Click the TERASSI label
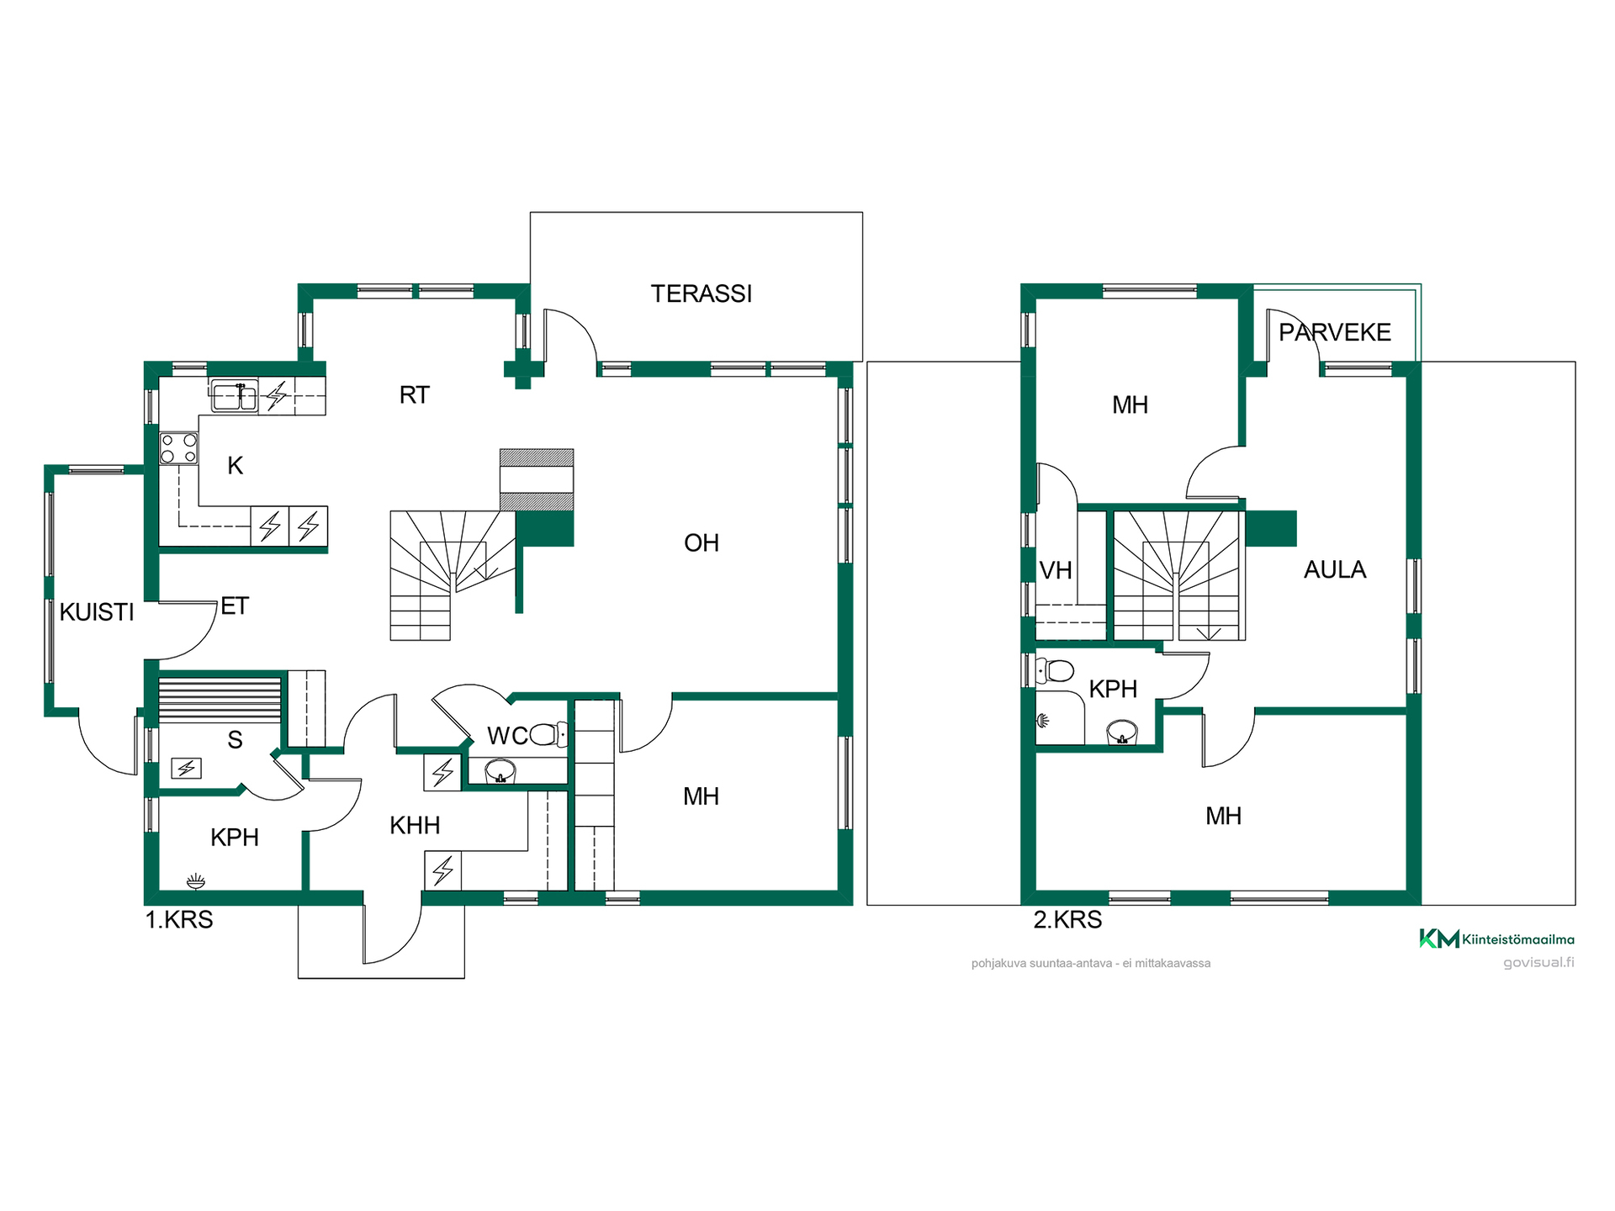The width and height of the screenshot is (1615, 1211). coord(701,293)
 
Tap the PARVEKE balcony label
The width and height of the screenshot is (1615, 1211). coord(1334,332)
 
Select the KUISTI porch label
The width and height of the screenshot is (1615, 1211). coord(97,612)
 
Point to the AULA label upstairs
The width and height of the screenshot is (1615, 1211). coord(1334,570)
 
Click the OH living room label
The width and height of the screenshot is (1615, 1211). coord(701,543)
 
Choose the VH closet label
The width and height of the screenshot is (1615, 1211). coord(1056,571)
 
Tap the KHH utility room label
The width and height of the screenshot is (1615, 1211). coord(415,826)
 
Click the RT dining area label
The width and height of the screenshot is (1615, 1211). coord(414,395)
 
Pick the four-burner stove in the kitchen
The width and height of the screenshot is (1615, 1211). coord(179,448)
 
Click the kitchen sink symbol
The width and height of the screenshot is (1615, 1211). coord(234,396)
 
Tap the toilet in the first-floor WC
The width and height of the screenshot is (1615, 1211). coord(549,735)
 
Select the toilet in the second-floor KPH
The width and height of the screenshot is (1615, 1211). coord(1056,671)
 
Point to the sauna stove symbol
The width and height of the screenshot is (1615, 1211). coord(186,768)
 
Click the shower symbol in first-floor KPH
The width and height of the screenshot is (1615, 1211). coord(196,881)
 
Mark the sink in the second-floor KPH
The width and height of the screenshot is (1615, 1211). coord(1122,732)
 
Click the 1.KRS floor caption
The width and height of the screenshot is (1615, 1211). coord(179,920)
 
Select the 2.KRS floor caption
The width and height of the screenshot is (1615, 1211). coord(1067,920)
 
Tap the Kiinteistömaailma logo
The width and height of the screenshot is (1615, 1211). coord(1496,939)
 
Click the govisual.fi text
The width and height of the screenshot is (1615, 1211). coord(1538,963)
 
